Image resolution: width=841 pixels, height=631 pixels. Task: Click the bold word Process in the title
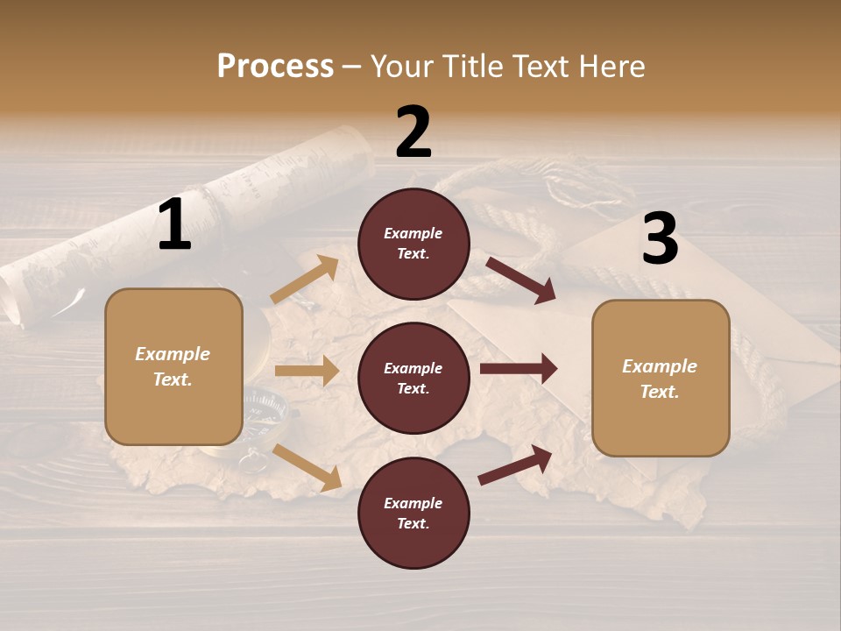pyautogui.click(x=275, y=66)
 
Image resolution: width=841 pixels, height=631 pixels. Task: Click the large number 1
pyautogui.click(x=174, y=225)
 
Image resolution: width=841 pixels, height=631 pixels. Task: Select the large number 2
pyautogui.click(x=413, y=132)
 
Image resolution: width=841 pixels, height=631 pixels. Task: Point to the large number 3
pyautogui.click(x=660, y=239)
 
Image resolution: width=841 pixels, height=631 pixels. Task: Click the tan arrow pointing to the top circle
pyautogui.click(x=304, y=280)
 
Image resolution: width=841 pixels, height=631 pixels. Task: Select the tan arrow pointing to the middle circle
pyautogui.click(x=307, y=371)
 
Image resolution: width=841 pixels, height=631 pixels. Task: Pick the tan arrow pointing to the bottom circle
pyautogui.click(x=307, y=466)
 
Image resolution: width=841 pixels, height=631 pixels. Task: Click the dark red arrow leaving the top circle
pyautogui.click(x=520, y=280)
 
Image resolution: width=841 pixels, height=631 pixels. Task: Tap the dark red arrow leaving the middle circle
pyautogui.click(x=519, y=369)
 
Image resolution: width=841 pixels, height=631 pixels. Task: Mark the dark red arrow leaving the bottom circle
pyautogui.click(x=515, y=464)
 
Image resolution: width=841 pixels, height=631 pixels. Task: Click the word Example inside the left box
pyautogui.click(x=173, y=354)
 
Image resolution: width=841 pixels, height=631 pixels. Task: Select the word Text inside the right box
pyautogui.click(x=660, y=392)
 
